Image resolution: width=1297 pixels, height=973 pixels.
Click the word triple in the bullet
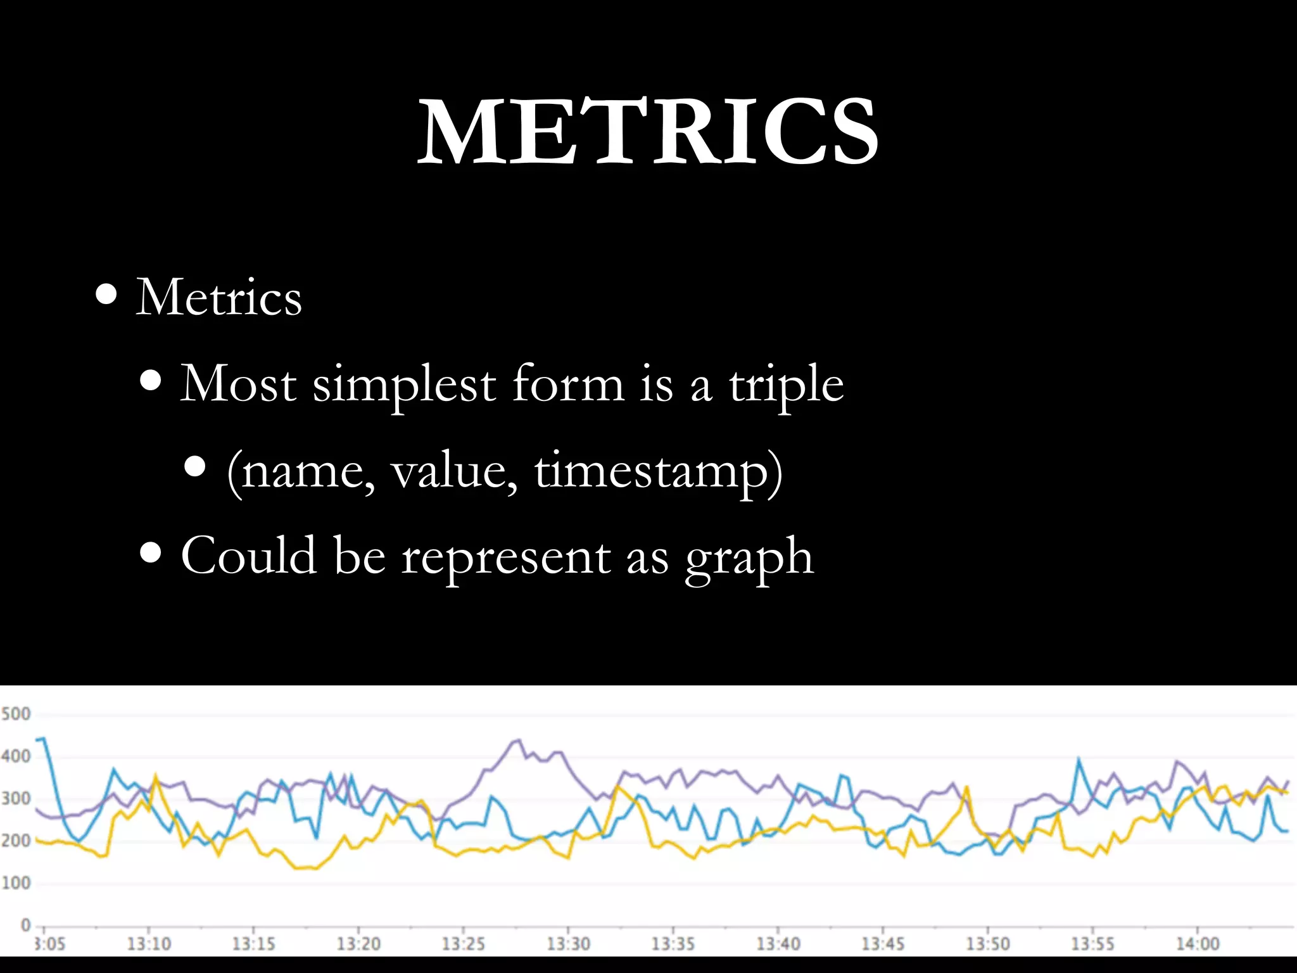tap(786, 384)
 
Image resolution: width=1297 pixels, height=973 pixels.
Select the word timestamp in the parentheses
tap(652, 471)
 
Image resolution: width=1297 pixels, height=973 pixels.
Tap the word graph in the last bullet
tap(749, 556)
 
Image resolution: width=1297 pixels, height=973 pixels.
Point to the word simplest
tap(404, 384)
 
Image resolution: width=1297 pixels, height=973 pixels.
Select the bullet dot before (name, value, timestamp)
tap(196, 467)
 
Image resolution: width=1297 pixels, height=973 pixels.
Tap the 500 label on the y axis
tap(16, 714)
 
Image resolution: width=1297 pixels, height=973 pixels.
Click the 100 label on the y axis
tap(16, 882)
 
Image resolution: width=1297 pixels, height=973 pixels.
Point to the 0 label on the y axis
tap(25, 925)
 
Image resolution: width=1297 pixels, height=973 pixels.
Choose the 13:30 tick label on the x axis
tap(568, 944)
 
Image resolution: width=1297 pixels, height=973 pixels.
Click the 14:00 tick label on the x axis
tap(1198, 944)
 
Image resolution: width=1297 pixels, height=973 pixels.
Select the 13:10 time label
tap(149, 944)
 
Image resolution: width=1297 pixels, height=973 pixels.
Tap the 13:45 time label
tap(883, 944)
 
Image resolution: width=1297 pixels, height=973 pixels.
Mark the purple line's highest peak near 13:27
tap(519, 739)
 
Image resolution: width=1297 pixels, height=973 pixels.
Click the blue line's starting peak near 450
tap(42, 738)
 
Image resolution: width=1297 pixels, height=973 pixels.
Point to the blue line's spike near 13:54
tap(1079, 758)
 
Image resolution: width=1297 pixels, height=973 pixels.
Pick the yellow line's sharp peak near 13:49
tap(966, 787)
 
